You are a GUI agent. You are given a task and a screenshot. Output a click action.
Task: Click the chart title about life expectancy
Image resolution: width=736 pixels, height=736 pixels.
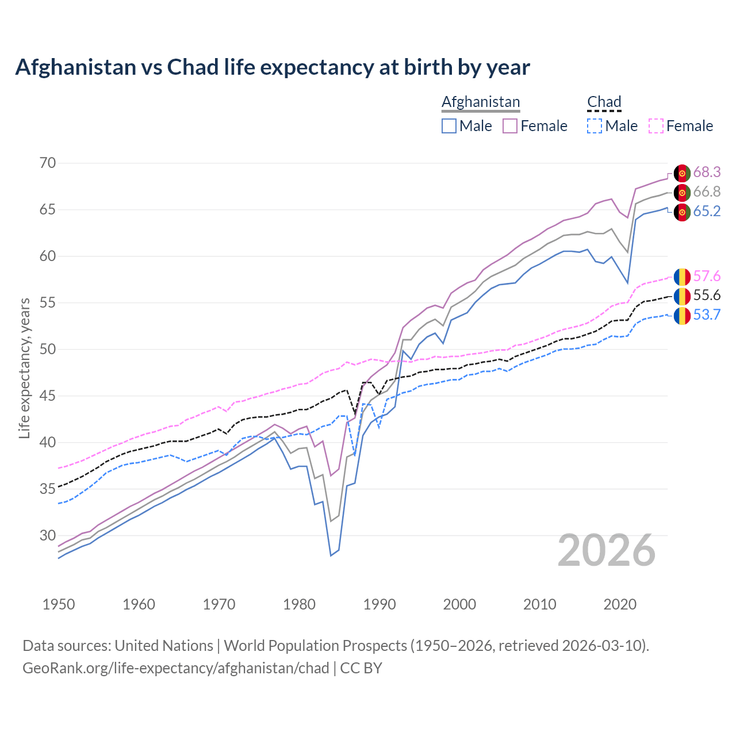[273, 67]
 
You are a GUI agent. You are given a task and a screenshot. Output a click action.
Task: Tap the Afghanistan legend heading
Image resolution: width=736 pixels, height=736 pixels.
[481, 102]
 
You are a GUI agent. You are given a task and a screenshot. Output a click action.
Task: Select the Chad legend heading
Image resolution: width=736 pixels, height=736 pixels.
[604, 102]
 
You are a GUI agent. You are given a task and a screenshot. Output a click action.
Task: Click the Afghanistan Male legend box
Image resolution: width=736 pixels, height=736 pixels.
[449, 126]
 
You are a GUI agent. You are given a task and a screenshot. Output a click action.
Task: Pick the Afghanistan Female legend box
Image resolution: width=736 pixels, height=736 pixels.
[511, 126]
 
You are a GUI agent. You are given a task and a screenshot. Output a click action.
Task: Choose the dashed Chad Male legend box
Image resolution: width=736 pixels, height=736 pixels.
[595, 126]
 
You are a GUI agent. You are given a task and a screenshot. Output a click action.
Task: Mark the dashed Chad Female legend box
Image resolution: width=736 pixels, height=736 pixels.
[656, 126]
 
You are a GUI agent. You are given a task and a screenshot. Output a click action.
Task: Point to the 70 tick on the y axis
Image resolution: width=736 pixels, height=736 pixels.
[48, 163]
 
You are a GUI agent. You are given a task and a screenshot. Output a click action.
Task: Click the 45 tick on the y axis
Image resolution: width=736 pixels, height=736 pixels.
[48, 396]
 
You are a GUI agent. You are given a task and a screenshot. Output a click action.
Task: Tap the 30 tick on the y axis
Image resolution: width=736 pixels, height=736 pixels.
[48, 535]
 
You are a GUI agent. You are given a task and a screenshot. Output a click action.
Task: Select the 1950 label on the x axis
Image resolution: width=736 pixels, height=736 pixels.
[59, 604]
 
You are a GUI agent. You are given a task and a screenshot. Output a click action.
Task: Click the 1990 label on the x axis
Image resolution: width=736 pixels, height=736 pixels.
[379, 604]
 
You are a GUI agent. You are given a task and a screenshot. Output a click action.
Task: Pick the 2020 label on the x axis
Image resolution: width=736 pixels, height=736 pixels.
[620, 604]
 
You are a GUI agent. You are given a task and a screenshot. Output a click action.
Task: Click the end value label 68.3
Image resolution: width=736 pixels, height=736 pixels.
[707, 172]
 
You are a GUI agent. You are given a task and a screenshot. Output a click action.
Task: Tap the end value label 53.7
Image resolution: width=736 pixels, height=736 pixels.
[707, 315]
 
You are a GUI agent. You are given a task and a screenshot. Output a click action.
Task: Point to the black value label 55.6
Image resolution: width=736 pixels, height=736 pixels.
[707, 295]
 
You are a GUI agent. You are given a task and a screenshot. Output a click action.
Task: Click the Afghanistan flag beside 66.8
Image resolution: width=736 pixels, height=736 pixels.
[682, 192]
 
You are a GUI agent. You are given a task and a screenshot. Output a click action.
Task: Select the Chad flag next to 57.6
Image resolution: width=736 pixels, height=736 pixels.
[682, 277]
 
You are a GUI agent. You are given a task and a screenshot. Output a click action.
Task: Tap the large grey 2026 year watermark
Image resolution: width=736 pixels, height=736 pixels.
[607, 550]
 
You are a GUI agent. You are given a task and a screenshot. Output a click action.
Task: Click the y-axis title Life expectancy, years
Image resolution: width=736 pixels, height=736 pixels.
[24, 368]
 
